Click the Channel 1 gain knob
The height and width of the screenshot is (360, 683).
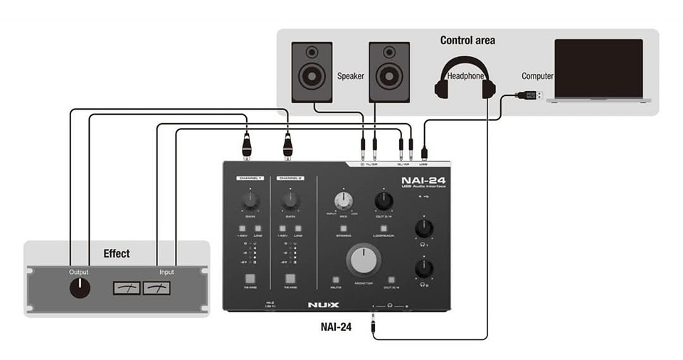click(x=250, y=201)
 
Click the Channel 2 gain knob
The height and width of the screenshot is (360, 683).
click(x=290, y=201)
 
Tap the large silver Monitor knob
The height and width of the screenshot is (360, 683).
click(x=364, y=260)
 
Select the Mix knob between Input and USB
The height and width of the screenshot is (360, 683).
click(x=344, y=201)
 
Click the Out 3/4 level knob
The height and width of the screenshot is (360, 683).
click(x=383, y=201)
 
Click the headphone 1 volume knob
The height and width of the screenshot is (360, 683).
click(x=425, y=228)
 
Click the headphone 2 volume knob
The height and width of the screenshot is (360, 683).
click(x=425, y=268)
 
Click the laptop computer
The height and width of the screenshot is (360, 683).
click(x=598, y=71)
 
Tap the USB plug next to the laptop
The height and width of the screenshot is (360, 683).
click(x=531, y=95)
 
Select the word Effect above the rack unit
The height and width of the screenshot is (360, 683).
click(x=117, y=253)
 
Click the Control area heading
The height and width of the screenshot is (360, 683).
click(x=467, y=41)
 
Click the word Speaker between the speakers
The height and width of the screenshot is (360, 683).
click(x=350, y=76)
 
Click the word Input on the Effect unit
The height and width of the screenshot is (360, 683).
click(x=166, y=272)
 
